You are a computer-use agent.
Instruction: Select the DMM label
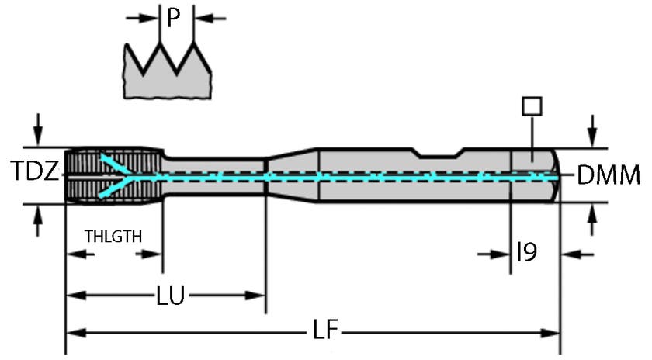(x=609, y=175)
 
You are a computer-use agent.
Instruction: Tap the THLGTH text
(x=113, y=236)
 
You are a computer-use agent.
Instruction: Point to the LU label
(x=170, y=296)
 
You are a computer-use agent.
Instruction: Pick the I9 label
(x=526, y=253)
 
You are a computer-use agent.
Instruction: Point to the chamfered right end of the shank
(x=553, y=175)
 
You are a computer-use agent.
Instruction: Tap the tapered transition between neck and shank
(x=292, y=175)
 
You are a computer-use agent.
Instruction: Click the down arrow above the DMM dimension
(x=593, y=130)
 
